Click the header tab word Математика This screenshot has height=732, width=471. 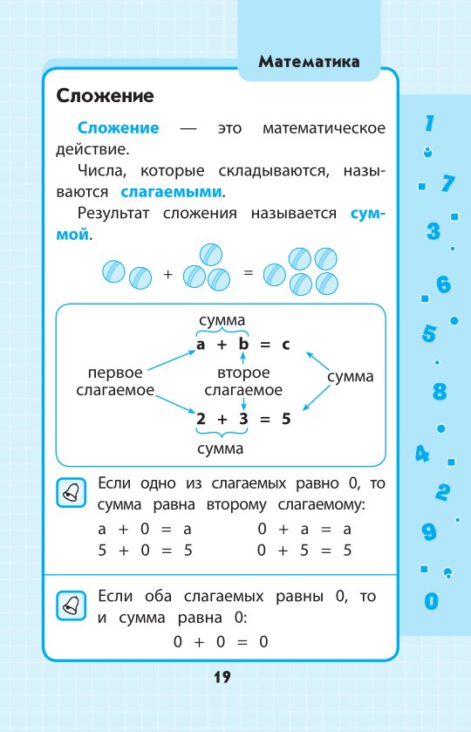coord(309,62)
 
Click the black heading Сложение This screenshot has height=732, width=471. coord(105,96)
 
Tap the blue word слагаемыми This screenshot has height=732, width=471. coord(171,192)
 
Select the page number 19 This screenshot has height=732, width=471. coord(222,677)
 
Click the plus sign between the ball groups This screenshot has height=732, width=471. coord(168,274)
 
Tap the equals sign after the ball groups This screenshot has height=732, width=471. coord(249,272)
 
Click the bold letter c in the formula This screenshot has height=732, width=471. coord(286,345)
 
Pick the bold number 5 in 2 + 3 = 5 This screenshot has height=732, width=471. coord(286,418)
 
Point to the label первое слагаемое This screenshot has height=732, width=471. coord(115,381)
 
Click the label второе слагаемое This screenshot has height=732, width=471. coord(243,381)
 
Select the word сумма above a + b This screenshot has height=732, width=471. coord(222,320)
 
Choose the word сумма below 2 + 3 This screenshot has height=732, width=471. coord(221,448)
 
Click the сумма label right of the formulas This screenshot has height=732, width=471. coord(350,376)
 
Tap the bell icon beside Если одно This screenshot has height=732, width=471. coord(71,493)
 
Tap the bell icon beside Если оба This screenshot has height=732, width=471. coord(71,605)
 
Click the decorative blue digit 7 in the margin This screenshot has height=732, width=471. coord(447,183)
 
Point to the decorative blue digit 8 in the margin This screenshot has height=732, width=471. coord(440,392)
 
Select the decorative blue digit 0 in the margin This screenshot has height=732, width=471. coord(432,601)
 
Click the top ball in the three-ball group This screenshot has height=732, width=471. coord(210,255)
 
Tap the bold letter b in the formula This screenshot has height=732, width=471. coord(243,344)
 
